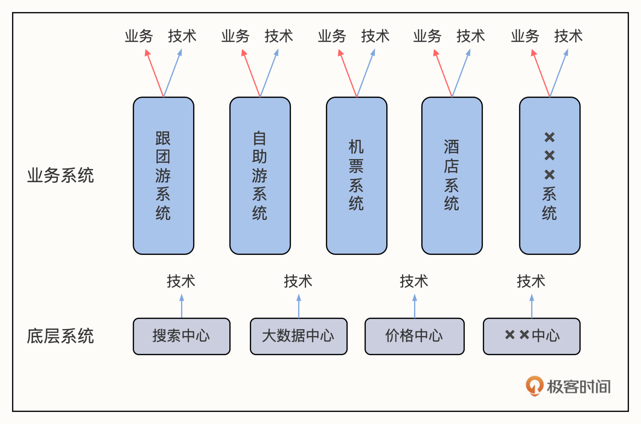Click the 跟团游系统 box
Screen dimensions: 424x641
point(163,176)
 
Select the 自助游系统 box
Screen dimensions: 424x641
point(260,176)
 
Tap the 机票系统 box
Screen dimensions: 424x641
point(356,176)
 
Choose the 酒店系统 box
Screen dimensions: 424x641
point(452,176)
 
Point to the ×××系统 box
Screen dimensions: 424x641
point(550,176)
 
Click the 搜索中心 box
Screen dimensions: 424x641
point(181,336)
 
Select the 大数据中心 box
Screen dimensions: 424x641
point(298,336)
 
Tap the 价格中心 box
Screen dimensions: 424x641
point(414,336)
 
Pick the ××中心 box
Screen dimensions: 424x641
point(531,336)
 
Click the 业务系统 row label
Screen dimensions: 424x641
point(60,175)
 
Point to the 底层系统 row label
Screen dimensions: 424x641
point(60,336)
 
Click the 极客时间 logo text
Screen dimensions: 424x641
point(578,387)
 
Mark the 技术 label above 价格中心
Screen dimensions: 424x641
point(414,281)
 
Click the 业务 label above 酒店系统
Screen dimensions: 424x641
point(427,36)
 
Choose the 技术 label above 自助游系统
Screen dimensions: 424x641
point(279,36)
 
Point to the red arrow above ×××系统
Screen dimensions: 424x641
point(541,74)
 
